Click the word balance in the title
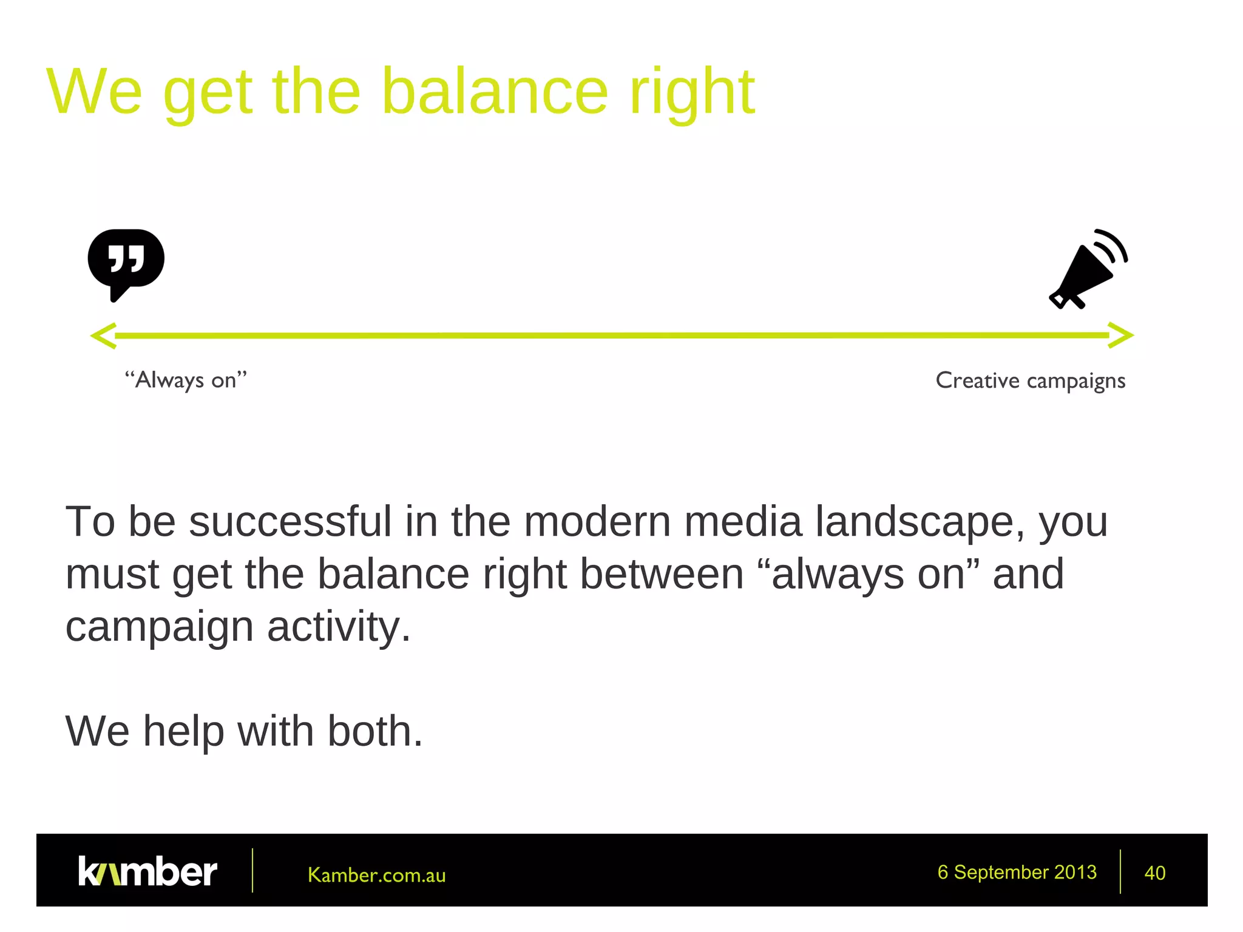coord(494,92)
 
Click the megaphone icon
coord(1086,270)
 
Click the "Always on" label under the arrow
coord(186,380)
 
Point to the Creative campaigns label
coord(1030,380)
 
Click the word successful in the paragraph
coord(290,521)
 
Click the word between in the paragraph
coord(662,574)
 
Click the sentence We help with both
coord(243,731)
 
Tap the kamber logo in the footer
coord(147,871)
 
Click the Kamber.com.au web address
coord(376,875)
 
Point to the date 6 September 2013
coord(1017,872)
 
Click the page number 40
coord(1154,873)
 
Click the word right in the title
coord(691,92)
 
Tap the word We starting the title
coord(95,92)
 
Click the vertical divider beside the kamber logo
coord(252,870)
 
